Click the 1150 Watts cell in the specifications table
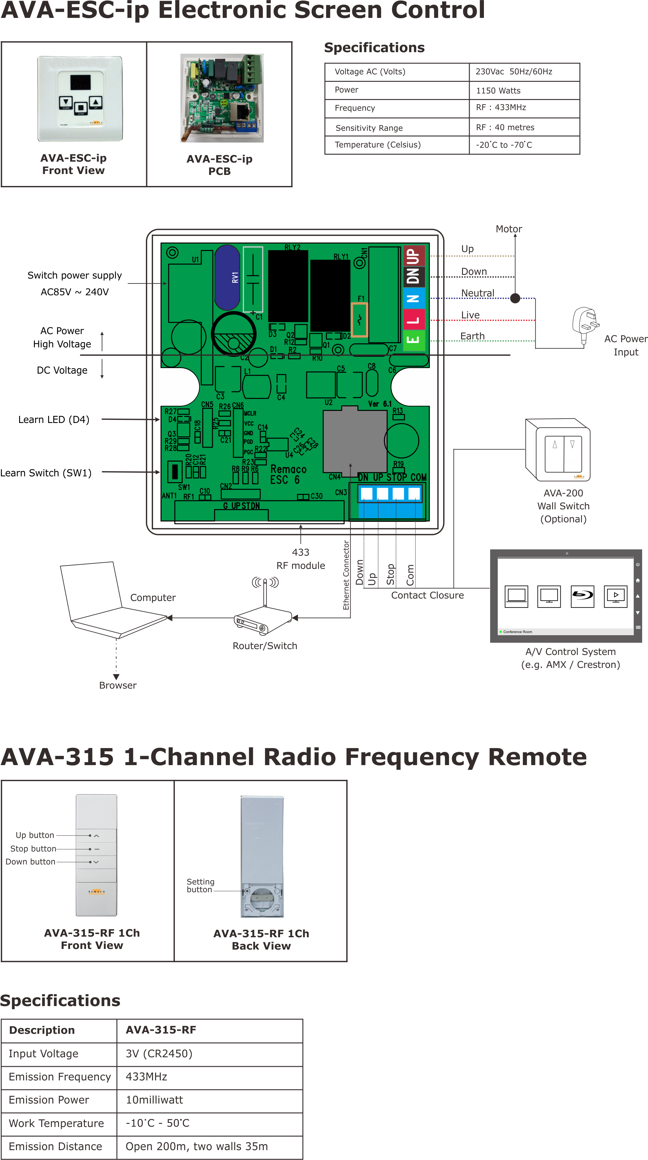(498, 90)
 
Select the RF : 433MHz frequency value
(501, 108)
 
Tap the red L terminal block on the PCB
(413, 320)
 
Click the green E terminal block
(413, 340)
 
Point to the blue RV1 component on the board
(227, 277)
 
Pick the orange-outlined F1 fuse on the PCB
(359, 320)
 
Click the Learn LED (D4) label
(54, 420)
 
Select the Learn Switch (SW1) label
(46, 473)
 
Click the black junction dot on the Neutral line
(515, 298)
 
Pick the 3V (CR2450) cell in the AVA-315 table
(159, 1054)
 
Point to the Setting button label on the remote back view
(200, 885)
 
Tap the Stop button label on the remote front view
(33, 849)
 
